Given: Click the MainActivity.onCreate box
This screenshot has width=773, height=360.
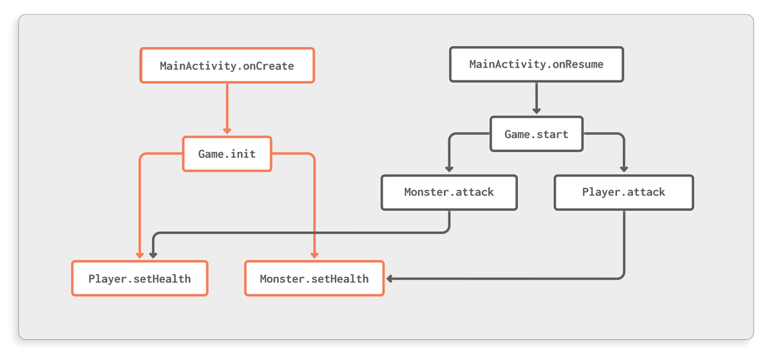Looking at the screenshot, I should tap(227, 65).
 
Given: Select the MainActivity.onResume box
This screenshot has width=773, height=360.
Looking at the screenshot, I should tap(536, 64).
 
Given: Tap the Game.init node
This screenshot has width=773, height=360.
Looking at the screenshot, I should tap(227, 153).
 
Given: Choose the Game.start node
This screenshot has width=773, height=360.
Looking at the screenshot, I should tap(536, 134).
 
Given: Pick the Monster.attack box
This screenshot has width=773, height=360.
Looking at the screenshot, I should tap(448, 192).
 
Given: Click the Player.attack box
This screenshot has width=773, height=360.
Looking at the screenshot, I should tap(624, 192).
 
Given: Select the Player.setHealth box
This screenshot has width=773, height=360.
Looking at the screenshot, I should tap(139, 278).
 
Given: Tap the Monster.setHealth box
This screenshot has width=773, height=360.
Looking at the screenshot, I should tap(314, 278).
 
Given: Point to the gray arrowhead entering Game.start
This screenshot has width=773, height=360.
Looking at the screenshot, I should tap(536, 111).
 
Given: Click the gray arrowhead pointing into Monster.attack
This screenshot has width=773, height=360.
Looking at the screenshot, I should tap(448, 169).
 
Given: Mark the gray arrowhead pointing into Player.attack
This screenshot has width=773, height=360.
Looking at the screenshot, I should tap(624, 169).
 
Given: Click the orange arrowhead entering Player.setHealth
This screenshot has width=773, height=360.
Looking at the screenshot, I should tap(139, 256).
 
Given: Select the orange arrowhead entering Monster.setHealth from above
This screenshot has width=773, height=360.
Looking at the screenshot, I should tap(314, 256).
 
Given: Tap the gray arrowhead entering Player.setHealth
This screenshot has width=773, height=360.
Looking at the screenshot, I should tap(153, 256).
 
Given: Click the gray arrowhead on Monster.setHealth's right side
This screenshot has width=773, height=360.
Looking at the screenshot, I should tap(389, 278).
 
